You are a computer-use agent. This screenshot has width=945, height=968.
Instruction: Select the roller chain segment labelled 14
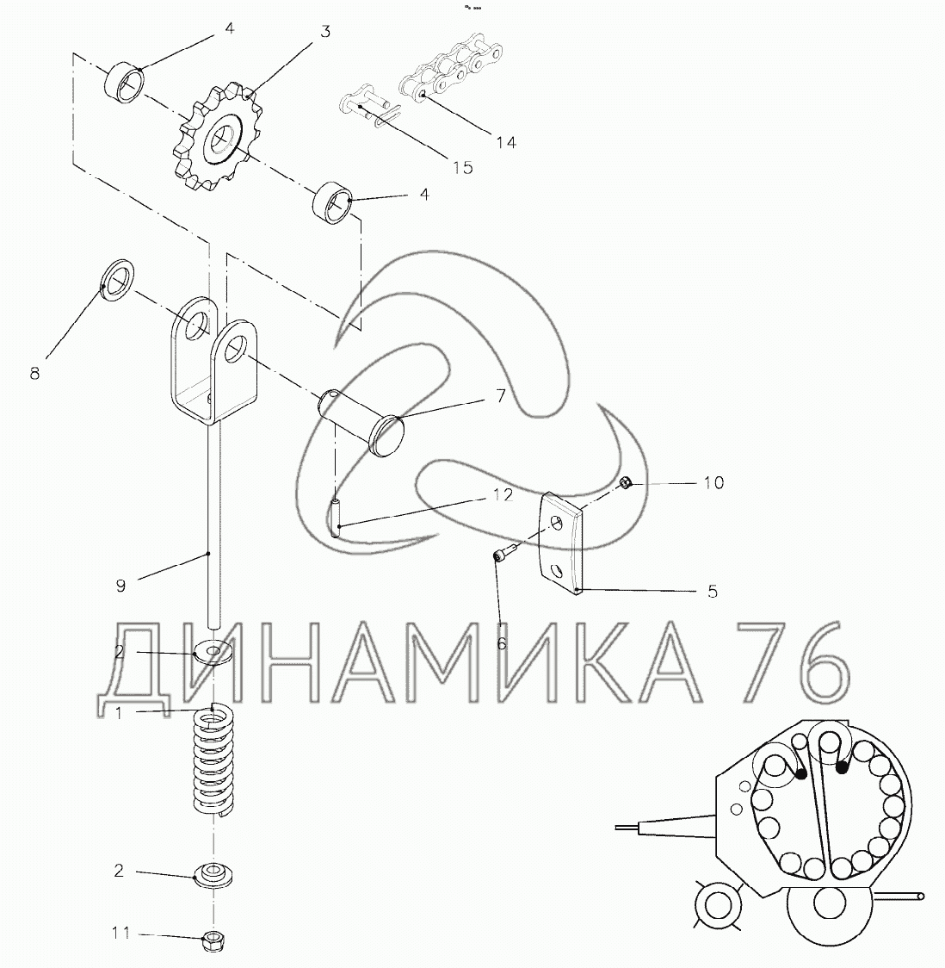451,71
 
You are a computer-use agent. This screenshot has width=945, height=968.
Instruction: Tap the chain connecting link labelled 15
369,108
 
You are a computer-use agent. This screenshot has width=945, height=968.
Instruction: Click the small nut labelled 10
624,483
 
